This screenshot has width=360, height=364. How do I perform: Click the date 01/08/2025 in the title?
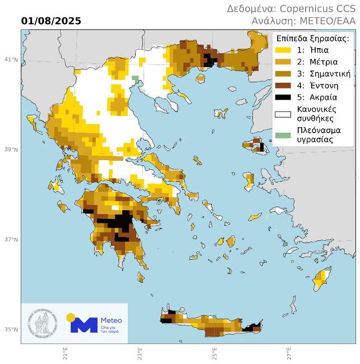(x=51, y=21)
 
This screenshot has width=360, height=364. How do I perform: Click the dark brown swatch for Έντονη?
(x=283, y=86)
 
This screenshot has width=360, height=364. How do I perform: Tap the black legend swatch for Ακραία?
(x=283, y=97)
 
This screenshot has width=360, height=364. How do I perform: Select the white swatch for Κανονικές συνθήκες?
(x=283, y=114)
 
